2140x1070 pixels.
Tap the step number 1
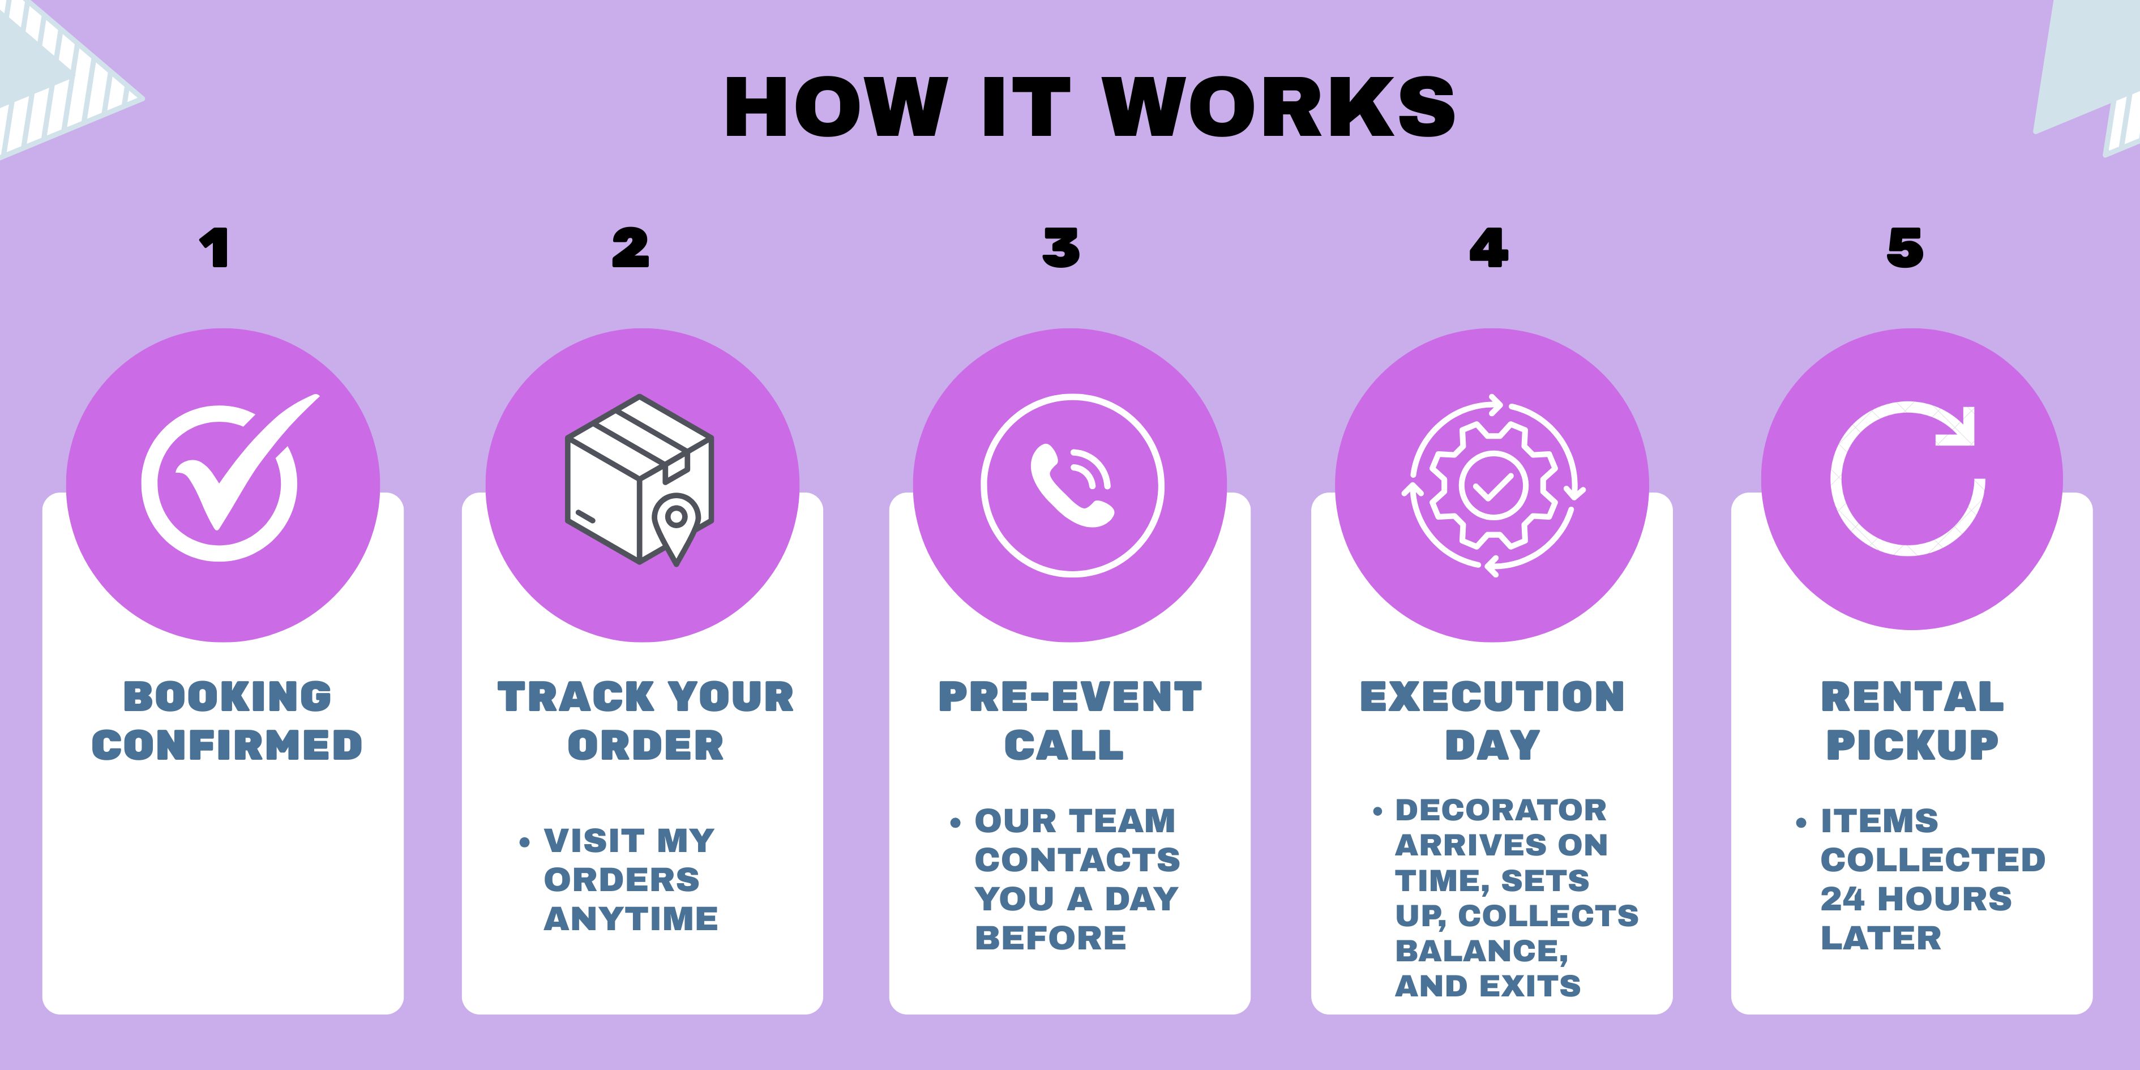coord(215,247)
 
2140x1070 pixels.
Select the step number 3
coord(1061,247)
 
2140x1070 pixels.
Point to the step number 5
coord(1904,247)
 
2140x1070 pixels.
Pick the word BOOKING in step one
coord(227,696)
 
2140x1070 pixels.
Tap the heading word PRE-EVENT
coord(1070,696)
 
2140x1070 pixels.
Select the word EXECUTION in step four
coord(1492,696)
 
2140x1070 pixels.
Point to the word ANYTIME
coord(631,919)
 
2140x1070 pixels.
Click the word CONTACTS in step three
coord(1077,860)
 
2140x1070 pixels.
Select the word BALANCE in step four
coord(1480,951)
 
